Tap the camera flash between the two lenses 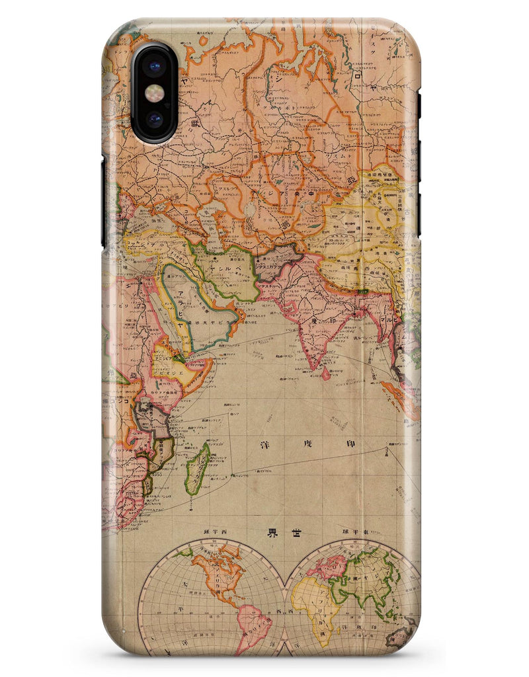154,93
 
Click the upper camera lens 154,67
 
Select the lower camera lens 154,120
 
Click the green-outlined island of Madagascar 196,469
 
